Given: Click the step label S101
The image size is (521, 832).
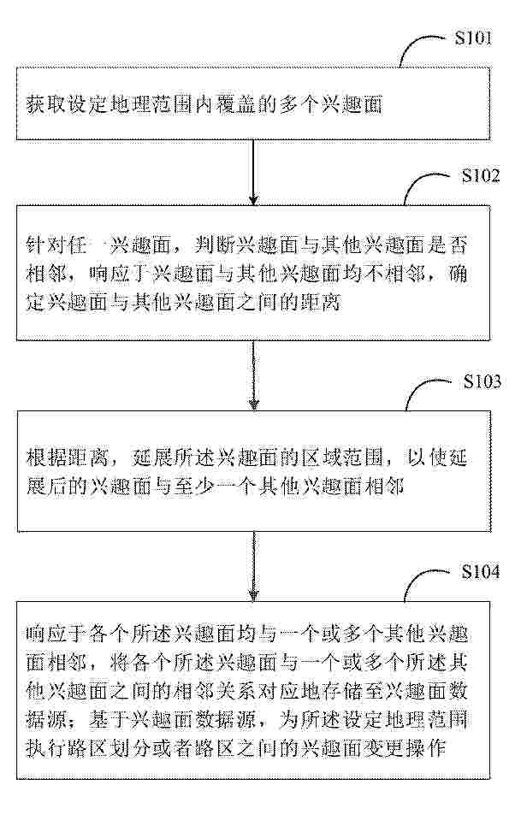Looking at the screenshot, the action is coord(472,38).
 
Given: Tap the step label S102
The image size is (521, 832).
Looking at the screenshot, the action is coord(481,175).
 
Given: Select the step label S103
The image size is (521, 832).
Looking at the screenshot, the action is coord(482,381).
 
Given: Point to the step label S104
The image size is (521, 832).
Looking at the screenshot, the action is coord(480,571).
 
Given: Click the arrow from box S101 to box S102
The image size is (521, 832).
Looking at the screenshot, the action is coord(253,173).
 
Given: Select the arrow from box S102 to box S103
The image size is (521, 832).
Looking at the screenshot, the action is coord(254,375).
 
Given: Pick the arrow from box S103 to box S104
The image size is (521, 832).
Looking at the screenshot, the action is coord(254,566).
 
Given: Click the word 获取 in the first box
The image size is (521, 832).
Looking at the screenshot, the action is coord(43,104).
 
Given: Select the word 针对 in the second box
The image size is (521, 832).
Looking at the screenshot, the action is coord(43,245).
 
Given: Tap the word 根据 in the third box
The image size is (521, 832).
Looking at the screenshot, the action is coord(43,457).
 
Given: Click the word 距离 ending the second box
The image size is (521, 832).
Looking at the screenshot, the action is coord(323,303).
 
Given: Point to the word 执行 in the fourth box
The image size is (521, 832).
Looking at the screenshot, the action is coord(43,747).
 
